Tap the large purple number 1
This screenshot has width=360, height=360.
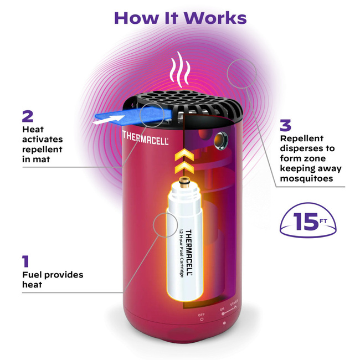click(25, 261)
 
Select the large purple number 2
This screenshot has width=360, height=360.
click(28, 116)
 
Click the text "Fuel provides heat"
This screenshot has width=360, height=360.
click(52, 280)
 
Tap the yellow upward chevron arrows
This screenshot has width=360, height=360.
click(178, 158)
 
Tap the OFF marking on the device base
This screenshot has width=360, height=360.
click(201, 315)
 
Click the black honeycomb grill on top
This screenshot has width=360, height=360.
click(177, 105)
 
